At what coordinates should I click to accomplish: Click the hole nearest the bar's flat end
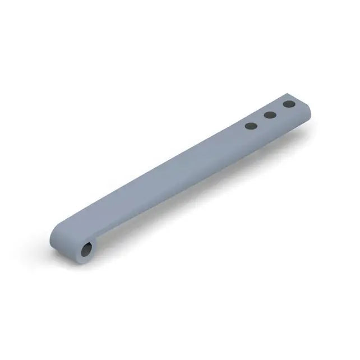[x=289, y=104]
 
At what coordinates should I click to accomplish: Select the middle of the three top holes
[x=270, y=115]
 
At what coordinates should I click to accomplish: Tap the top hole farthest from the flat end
[x=251, y=126]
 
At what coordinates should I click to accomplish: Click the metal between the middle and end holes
[x=279, y=109]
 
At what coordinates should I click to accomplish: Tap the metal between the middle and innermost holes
[x=261, y=121]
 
